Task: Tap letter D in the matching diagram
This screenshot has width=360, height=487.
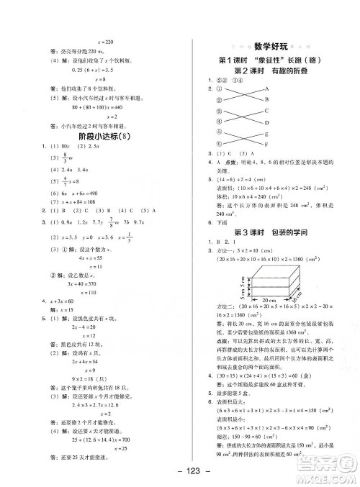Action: pos(266,122)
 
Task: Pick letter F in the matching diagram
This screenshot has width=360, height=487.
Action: pos(266,144)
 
